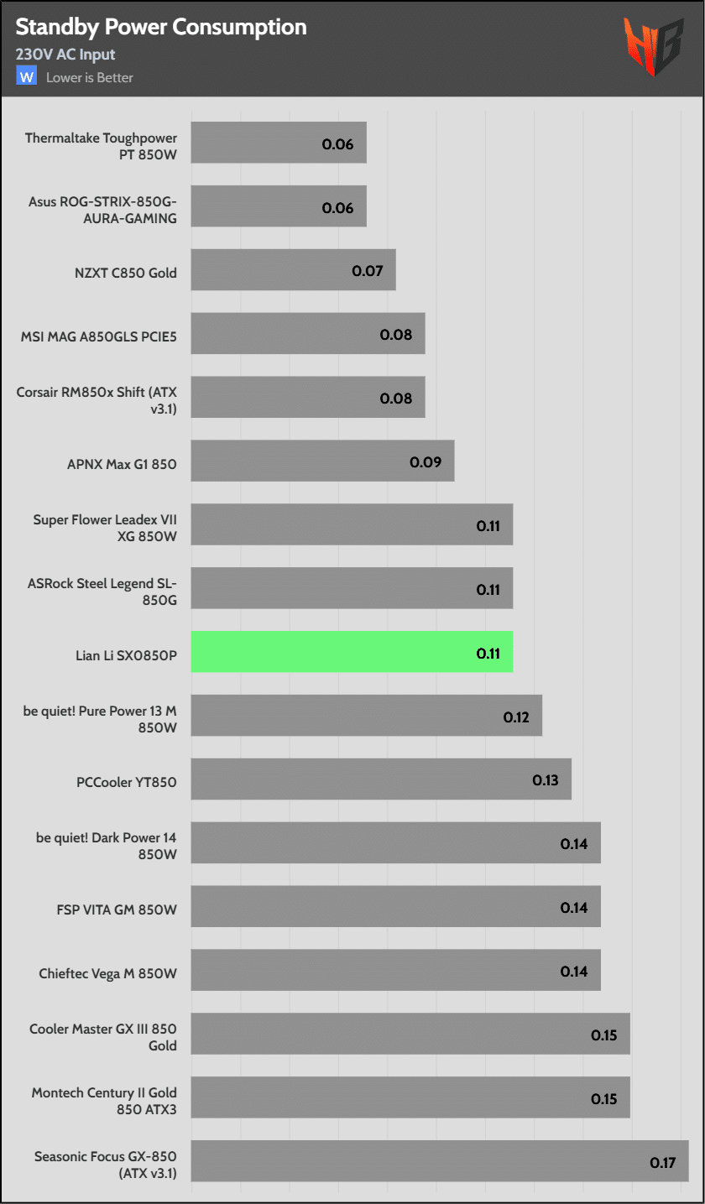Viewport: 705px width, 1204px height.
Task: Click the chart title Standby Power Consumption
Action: (x=161, y=28)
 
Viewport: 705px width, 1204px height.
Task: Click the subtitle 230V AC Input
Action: (x=65, y=55)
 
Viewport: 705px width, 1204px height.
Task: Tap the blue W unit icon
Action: (x=27, y=76)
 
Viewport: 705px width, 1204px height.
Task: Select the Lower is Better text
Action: (x=90, y=78)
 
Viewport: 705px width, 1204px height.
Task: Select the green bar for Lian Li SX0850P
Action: (x=352, y=652)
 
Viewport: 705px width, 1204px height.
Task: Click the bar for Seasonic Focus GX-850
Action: (x=440, y=1161)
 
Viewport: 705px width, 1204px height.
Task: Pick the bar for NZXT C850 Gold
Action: (x=293, y=270)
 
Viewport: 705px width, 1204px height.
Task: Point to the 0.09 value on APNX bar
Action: (x=426, y=461)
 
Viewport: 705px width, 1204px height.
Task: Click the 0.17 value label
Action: (x=662, y=1163)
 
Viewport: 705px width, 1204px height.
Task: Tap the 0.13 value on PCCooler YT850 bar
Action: (x=546, y=780)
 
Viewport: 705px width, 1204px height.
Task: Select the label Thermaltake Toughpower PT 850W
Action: (x=101, y=143)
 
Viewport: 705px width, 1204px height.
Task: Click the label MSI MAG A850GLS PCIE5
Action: (x=99, y=336)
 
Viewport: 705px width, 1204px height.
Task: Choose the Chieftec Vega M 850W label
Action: (x=107, y=973)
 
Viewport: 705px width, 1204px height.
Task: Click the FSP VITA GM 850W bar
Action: (x=395, y=907)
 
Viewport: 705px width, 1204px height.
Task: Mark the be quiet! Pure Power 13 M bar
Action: (x=366, y=716)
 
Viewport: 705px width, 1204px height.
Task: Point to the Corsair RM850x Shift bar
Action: (x=307, y=398)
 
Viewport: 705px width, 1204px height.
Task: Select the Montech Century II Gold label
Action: (x=104, y=1100)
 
